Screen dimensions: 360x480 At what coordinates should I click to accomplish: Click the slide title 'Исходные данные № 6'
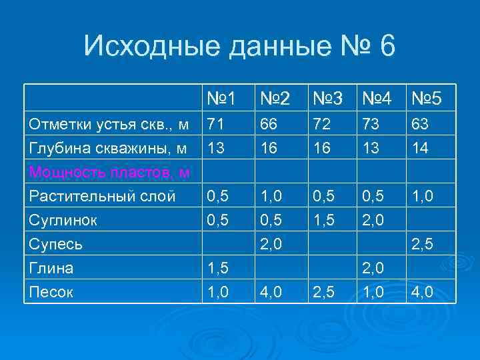[x=240, y=47]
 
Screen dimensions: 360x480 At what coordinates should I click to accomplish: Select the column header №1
[x=221, y=99]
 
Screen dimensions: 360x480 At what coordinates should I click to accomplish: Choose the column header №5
[x=426, y=99]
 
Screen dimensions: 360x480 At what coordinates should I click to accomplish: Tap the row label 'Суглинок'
[x=63, y=220]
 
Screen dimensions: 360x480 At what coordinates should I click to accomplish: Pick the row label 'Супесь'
[x=56, y=244]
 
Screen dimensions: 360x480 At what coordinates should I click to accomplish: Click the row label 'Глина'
[x=51, y=268]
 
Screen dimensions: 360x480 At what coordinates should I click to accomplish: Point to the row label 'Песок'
[x=50, y=291]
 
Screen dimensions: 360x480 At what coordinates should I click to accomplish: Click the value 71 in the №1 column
[x=215, y=124]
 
